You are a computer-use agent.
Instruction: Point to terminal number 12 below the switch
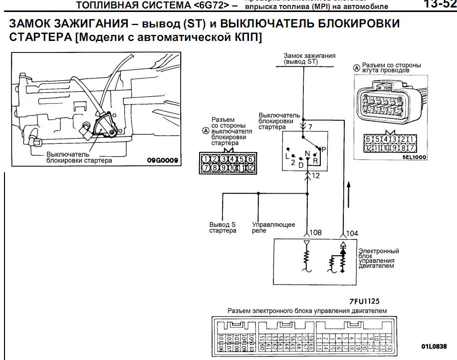click(315, 175)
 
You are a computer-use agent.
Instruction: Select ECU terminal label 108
click(315, 233)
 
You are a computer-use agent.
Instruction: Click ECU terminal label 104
click(352, 233)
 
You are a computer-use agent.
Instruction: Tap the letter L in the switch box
click(287, 156)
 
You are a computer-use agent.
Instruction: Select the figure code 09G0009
click(163, 160)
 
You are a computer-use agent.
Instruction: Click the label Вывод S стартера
click(223, 228)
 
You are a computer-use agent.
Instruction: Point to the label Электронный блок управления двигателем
click(379, 258)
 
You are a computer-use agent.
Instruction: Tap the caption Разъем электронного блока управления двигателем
click(307, 311)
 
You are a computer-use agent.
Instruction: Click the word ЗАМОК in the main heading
click(33, 24)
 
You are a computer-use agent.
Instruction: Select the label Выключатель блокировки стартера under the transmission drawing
click(79, 157)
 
